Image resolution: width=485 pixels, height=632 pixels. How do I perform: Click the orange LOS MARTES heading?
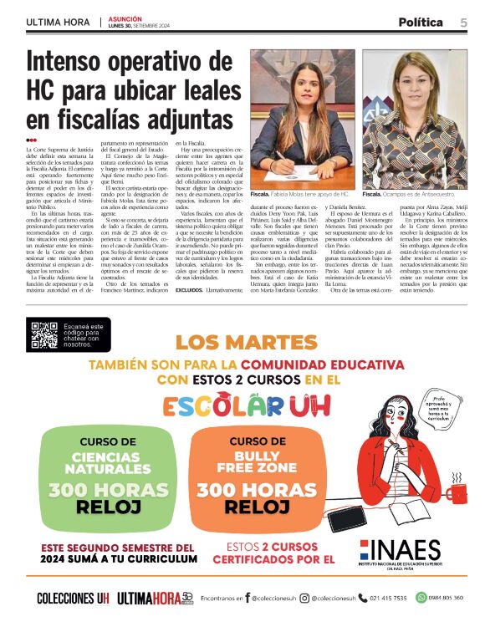pos(242,342)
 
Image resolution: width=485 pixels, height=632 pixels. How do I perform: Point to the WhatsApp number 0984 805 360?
pos(444,598)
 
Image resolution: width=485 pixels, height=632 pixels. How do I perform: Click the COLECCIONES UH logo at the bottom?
pos(73,598)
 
